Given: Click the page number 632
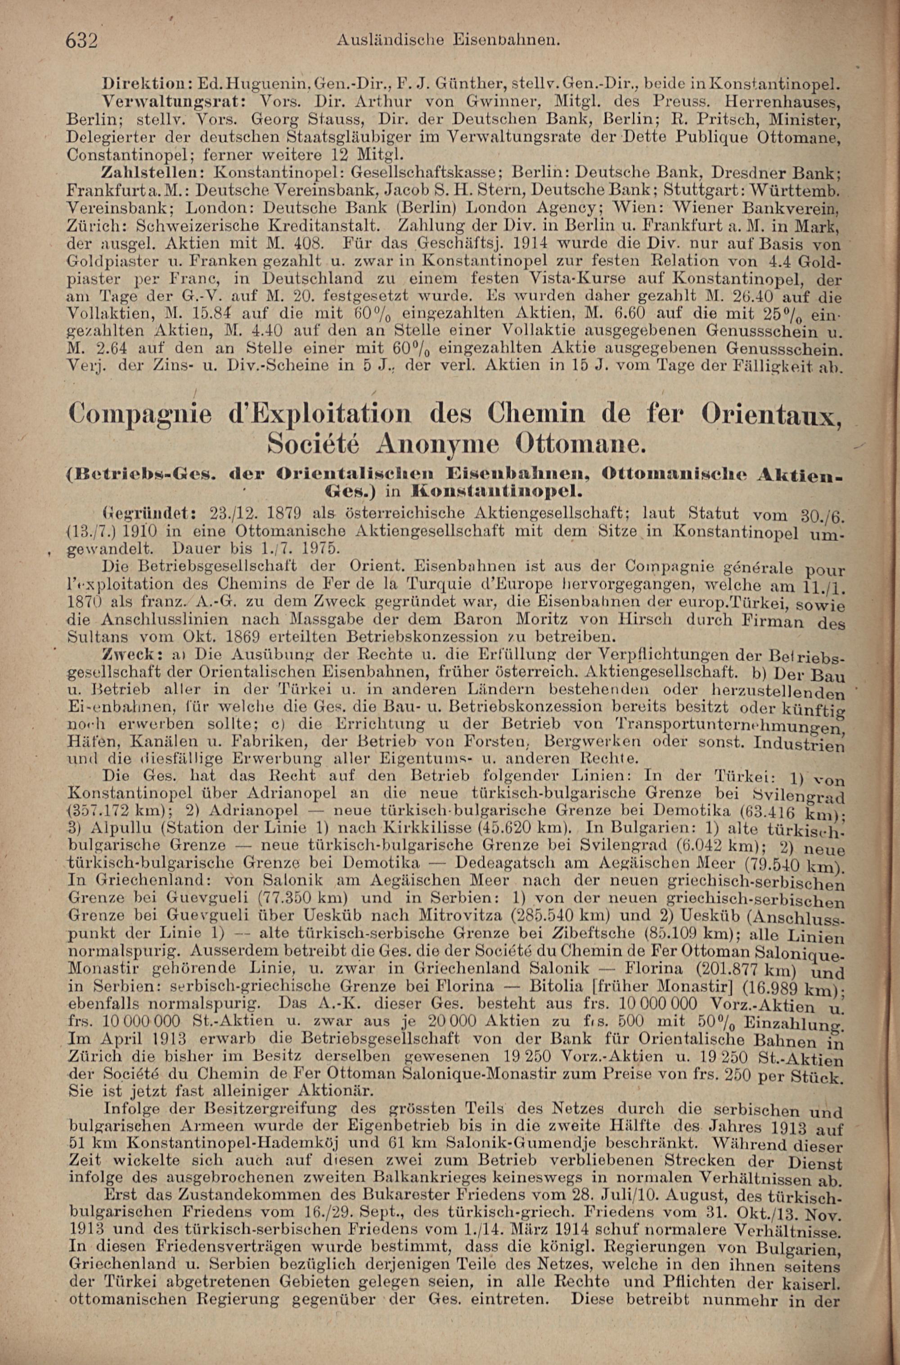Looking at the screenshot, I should (x=83, y=41).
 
